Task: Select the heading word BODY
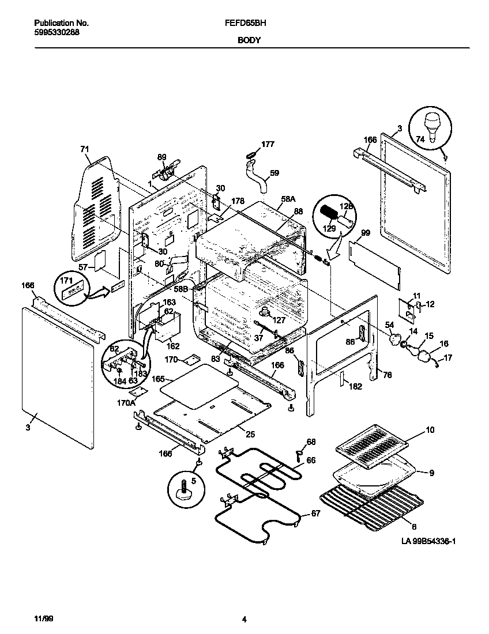(x=249, y=41)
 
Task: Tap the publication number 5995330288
(x=57, y=32)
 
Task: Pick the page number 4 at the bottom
(x=245, y=620)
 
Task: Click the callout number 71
(x=85, y=150)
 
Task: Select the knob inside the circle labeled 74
(x=431, y=124)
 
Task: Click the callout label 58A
(x=288, y=199)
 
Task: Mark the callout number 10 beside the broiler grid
(x=430, y=430)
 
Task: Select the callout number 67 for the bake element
(x=315, y=514)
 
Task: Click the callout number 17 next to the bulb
(x=447, y=358)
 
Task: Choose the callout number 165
(x=159, y=379)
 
